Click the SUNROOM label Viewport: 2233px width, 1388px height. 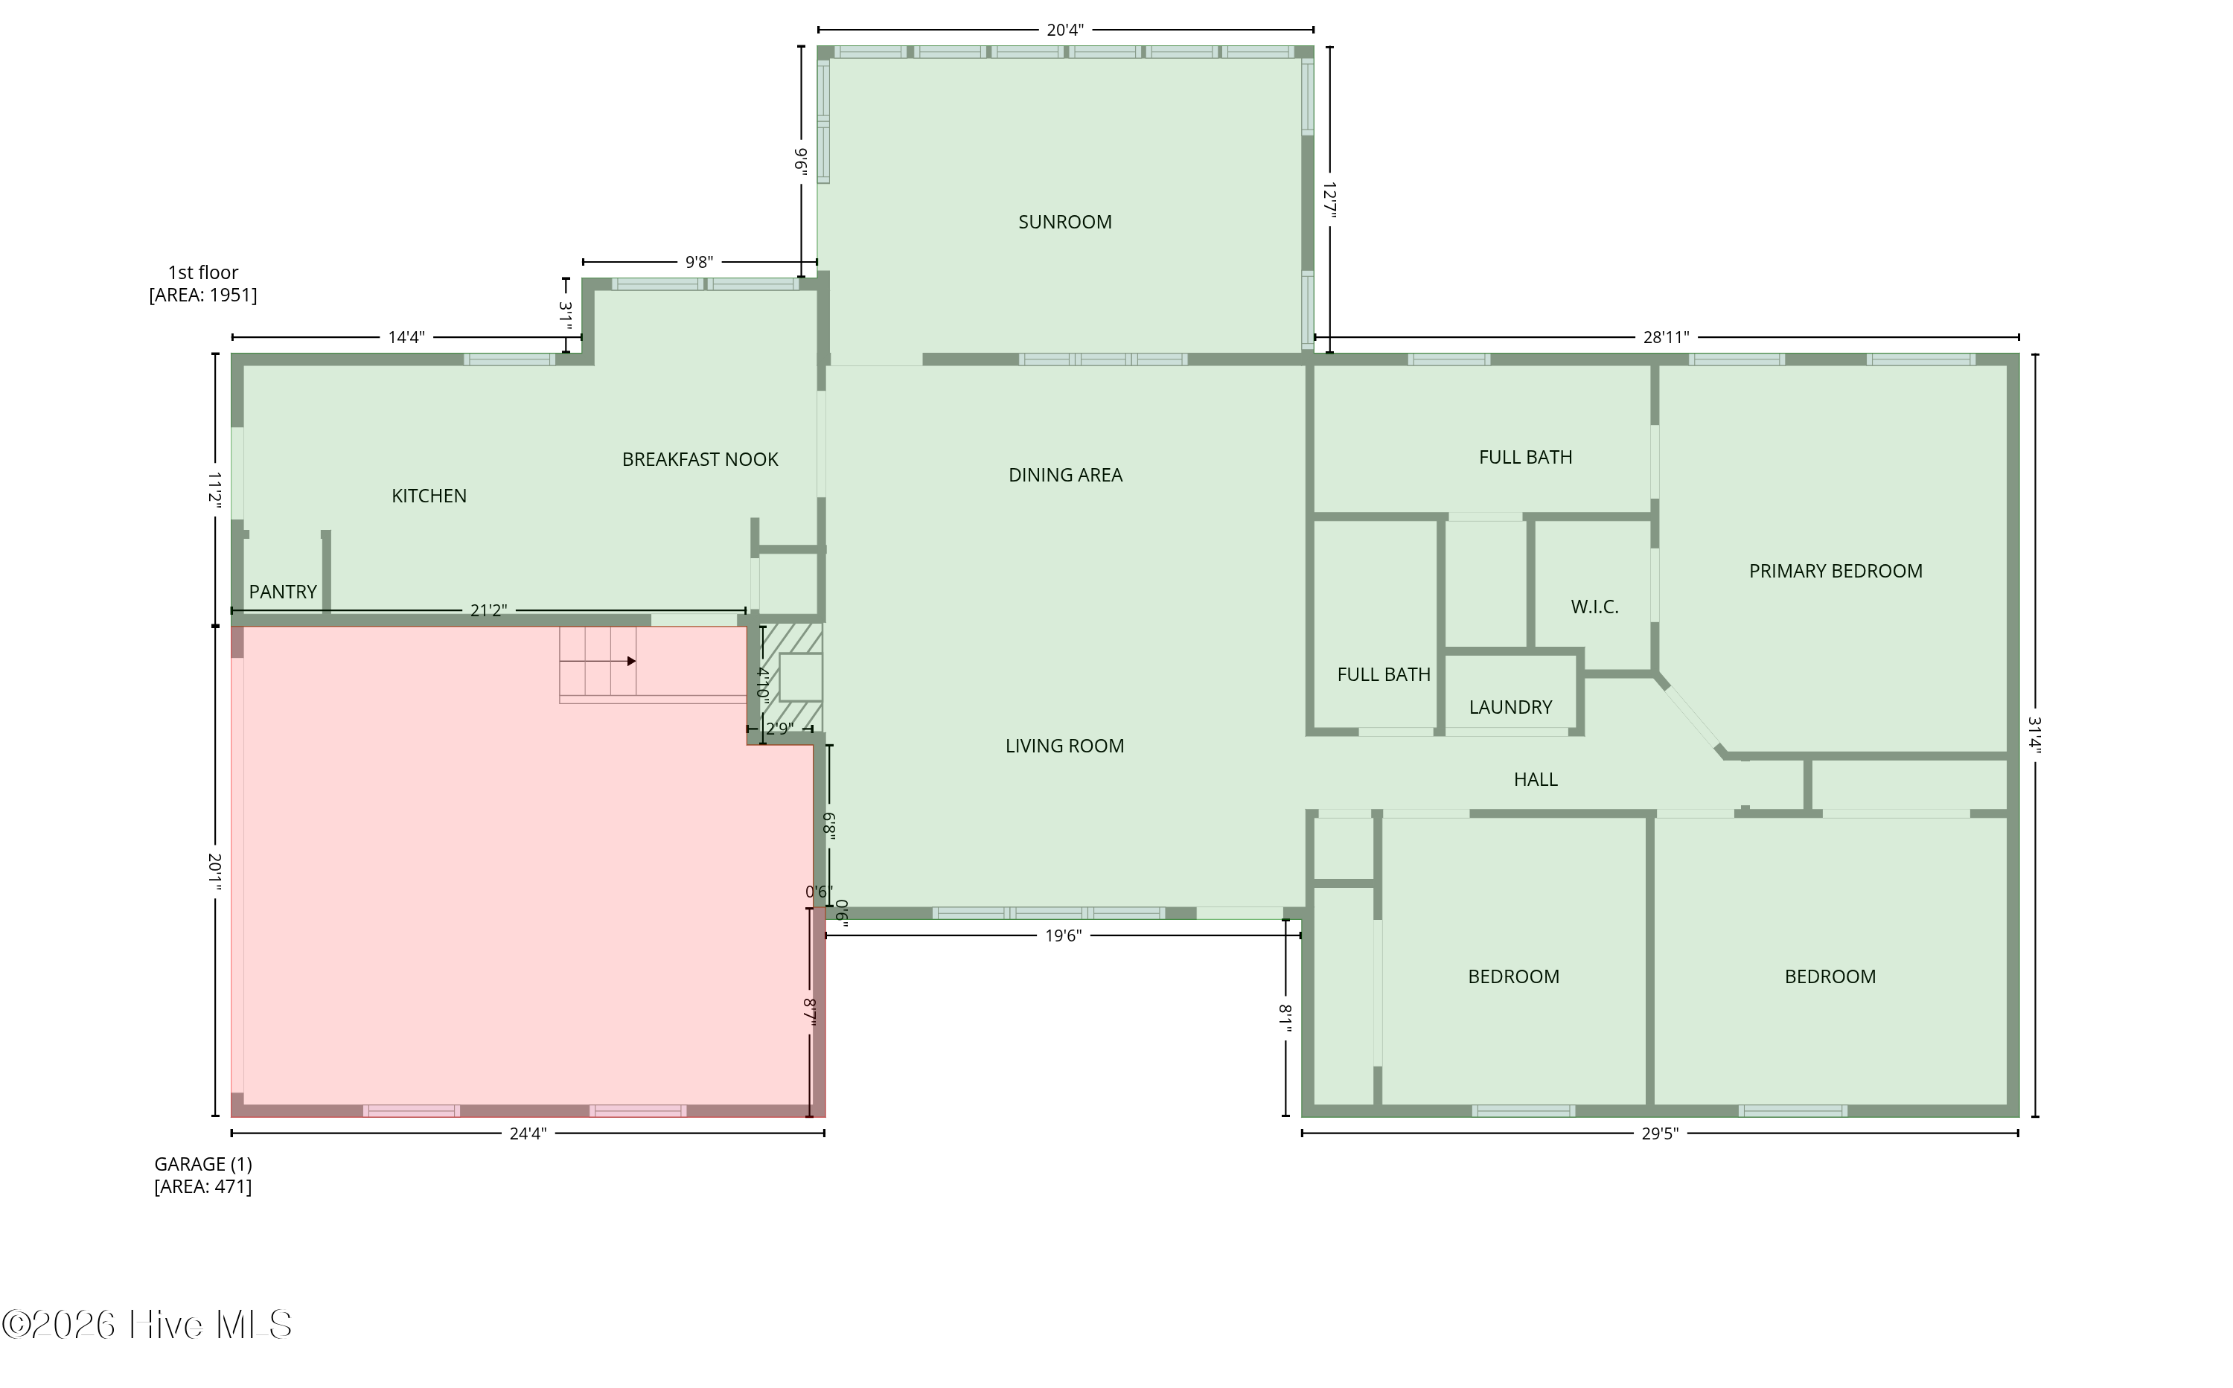pos(1064,222)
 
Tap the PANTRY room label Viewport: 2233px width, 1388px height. pos(283,592)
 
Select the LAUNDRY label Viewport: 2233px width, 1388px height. pos(1510,707)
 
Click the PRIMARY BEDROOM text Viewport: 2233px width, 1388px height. pos(1835,571)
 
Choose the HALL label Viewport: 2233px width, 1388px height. pos(1535,779)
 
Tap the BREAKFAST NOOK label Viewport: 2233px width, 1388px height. pos(700,459)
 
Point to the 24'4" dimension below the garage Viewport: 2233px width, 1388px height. pos(527,1133)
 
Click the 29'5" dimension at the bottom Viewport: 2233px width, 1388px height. pos(1659,1133)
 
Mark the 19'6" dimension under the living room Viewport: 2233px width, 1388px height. pos(1062,936)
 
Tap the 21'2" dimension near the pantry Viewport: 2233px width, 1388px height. pos(488,610)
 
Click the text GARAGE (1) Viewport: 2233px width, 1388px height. pos(203,1164)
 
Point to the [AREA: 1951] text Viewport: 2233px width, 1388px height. pos(203,295)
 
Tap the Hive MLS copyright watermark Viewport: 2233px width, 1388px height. pos(147,1325)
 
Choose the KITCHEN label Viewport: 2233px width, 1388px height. pos(429,496)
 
